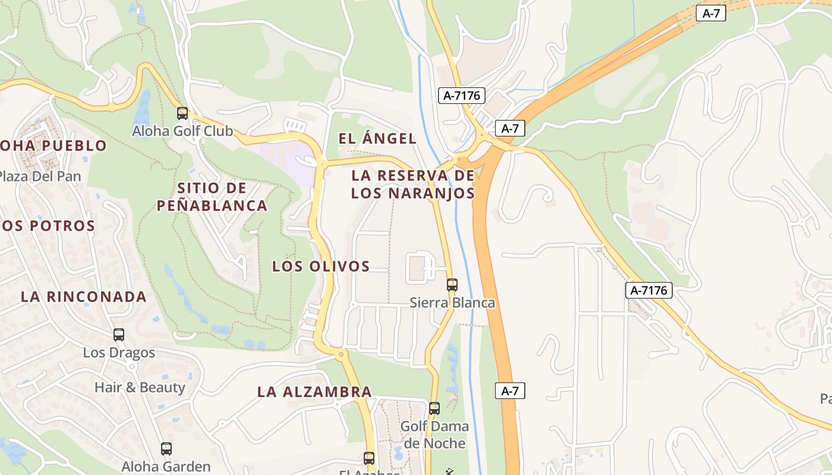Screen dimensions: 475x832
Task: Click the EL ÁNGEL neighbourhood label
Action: coord(377,139)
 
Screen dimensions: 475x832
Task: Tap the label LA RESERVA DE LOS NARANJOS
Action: coord(413,184)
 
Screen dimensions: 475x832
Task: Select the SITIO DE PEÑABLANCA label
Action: coord(212,197)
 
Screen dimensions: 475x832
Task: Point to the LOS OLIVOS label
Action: coord(321,267)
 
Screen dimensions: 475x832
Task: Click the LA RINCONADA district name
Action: coord(84,297)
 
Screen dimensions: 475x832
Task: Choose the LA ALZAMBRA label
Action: coord(314,392)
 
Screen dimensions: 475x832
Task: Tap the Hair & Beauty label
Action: coord(140,388)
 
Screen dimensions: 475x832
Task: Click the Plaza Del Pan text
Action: coord(39,176)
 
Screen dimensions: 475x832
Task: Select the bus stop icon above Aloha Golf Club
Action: coord(182,113)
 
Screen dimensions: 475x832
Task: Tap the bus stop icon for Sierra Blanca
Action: coord(452,285)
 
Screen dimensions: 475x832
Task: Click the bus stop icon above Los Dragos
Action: coord(119,335)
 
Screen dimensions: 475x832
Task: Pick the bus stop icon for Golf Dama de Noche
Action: coord(434,408)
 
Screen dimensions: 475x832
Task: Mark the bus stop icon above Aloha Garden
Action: coord(166,449)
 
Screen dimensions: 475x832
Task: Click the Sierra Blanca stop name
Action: coord(452,303)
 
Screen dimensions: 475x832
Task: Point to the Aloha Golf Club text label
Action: coord(182,131)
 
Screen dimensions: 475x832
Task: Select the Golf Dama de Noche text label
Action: coord(434,435)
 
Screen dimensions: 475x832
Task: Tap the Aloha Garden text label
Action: coord(166,467)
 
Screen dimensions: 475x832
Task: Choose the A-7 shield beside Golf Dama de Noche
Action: coord(510,391)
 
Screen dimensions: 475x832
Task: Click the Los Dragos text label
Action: coord(119,353)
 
